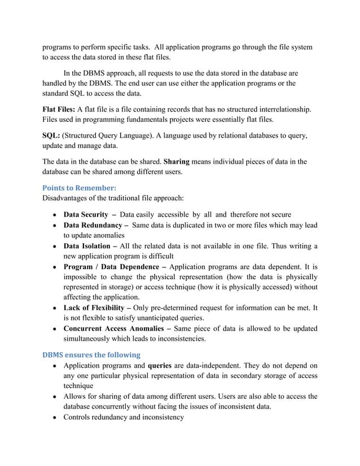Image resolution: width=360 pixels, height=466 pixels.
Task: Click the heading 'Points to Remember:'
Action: pyautogui.click(x=76, y=187)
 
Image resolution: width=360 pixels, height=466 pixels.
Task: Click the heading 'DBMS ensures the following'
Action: pyautogui.click(x=91, y=355)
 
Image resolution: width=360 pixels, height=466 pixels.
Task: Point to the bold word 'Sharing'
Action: pyautogui.click(x=176, y=162)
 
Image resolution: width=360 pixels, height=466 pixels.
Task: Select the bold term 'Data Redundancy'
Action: pyautogui.click(x=93, y=225)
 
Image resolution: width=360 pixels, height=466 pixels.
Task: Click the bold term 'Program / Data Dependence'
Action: pyautogui.click(x=111, y=266)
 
